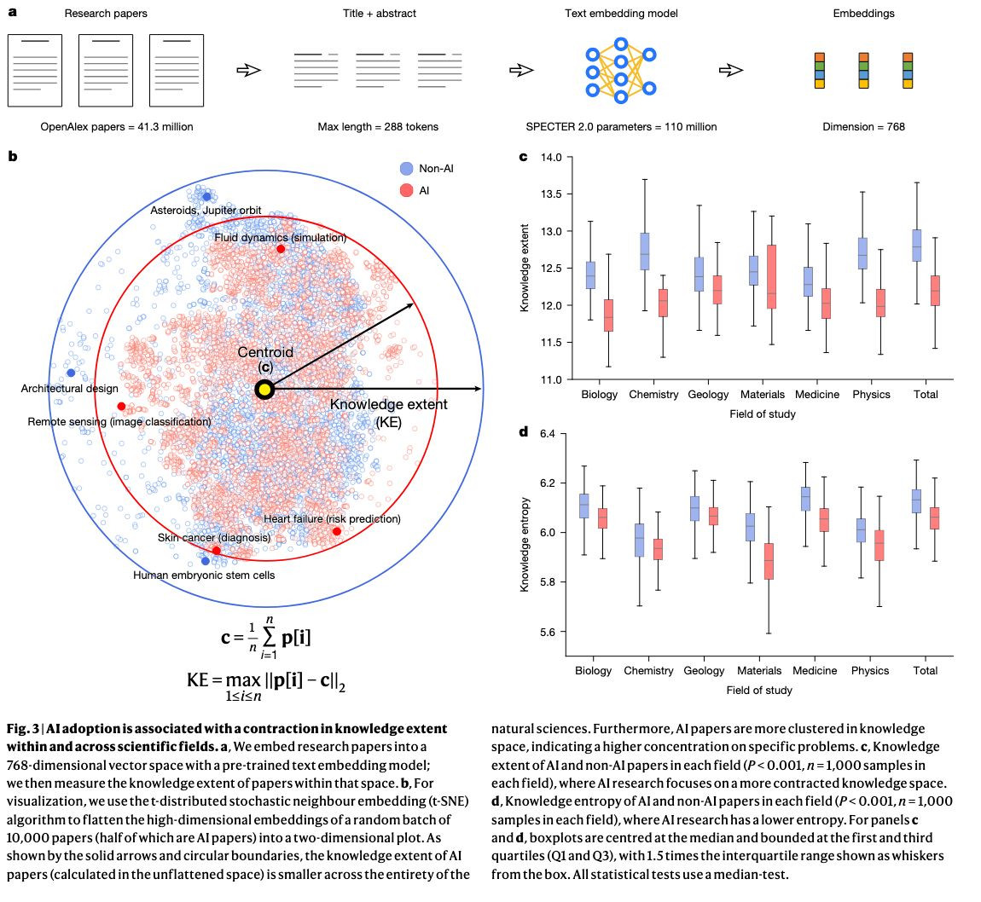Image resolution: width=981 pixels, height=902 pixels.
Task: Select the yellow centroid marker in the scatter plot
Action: tap(264, 390)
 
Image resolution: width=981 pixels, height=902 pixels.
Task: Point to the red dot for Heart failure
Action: tap(337, 531)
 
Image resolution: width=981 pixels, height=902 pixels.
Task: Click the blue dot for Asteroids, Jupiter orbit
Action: tap(206, 197)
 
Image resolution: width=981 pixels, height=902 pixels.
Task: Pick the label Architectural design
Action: tap(70, 389)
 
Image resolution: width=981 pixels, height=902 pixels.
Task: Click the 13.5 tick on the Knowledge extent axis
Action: tap(550, 194)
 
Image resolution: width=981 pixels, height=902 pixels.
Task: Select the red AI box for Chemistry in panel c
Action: tap(663, 303)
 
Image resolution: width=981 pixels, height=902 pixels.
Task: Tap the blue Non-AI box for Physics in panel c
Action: tap(863, 253)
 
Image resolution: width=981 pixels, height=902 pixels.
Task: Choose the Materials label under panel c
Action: tap(762, 395)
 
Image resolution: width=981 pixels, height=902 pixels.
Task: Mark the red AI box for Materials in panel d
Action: tap(769, 561)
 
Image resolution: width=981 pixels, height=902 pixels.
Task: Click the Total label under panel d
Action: tap(925, 671)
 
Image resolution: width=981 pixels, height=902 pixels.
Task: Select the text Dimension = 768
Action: tap(863, 127)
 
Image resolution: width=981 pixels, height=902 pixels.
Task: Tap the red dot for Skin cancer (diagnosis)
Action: tap(216, 550)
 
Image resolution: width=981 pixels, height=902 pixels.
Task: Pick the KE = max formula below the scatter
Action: tap(266, 682)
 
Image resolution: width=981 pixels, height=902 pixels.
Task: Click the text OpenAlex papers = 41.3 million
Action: tap(117, 127)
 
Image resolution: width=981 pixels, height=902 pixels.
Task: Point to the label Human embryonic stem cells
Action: tap(204, 575)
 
